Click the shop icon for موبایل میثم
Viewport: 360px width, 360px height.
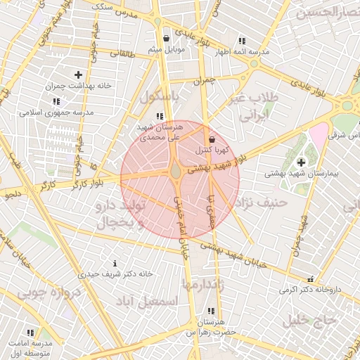[x=166, y=39]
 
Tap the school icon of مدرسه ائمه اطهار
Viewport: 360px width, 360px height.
[x=243, y=41]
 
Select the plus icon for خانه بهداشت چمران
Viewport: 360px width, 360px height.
[x=77, y=74]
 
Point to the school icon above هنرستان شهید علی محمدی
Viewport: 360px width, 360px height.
[x=160, y=116]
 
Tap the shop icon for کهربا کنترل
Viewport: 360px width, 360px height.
[x=212, y=139]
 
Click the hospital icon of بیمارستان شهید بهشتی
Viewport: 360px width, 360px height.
[x=301, y=162]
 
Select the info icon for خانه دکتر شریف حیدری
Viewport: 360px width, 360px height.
[x=115, y=263]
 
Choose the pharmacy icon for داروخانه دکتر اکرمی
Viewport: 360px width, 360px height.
[x=311, y=279]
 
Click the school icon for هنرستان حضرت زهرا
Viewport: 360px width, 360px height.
[x=210, y=311]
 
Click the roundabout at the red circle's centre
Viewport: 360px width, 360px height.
[x=176, y=171]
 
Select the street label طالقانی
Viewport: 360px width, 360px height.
[x=120, y=53]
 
